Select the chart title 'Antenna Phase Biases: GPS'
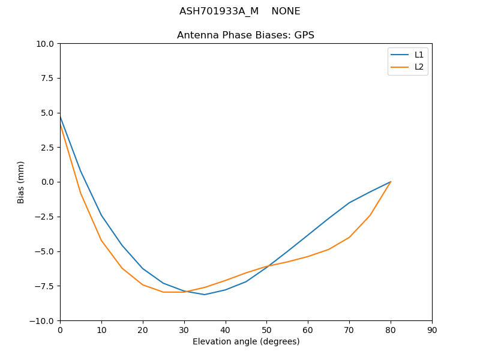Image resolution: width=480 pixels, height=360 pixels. pyautogui.click(x=245, y=35)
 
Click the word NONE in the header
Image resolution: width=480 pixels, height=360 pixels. pyautogui.click(x=286, y=11)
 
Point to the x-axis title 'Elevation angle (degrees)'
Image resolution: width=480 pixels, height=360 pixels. pyautogui.click(x=246, y=341)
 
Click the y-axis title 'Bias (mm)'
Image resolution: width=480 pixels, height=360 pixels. pyautogui.click(x=21, y=182)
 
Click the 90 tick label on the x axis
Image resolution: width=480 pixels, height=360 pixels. pyautogui.click(x=432, y=329)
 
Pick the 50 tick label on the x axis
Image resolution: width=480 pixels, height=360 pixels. pyautogui.click(x=266, y=329)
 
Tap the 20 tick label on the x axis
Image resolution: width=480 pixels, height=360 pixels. pyautogui.click(x=143, y=329)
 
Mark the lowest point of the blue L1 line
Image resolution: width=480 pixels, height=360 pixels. pyautogui.click(x=205, y=295)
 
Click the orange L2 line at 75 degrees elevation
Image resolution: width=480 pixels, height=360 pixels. pyautogui.click(x=370, y=215)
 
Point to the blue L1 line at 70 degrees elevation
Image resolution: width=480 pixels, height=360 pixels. pyautogui.click(x=349, y=203)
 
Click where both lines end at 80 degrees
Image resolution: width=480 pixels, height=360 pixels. pyautogui.click(x=391, y=182)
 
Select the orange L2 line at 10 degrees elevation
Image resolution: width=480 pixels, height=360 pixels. pyautogui.click(x=101, y=240)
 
